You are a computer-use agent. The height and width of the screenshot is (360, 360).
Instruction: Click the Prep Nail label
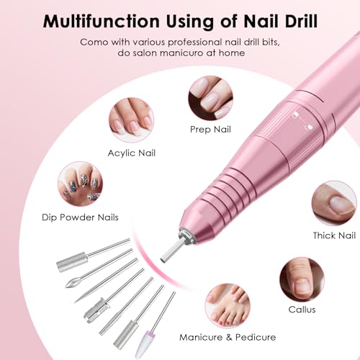coord(210,130)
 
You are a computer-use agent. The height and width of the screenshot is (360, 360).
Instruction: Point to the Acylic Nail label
coord(131,153)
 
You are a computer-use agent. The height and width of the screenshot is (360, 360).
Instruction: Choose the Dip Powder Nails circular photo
coord(79,182)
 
